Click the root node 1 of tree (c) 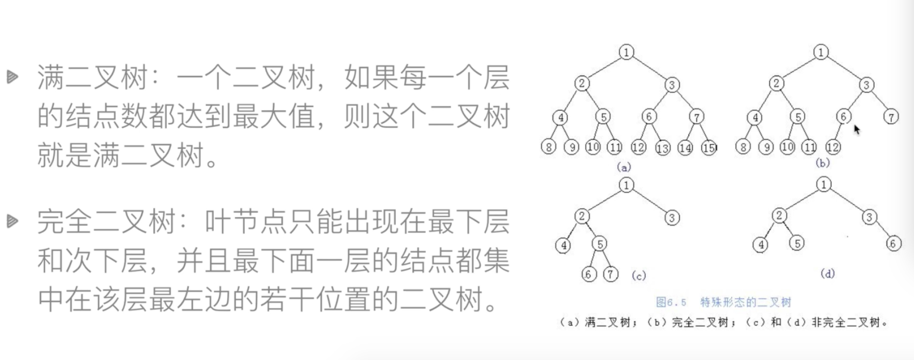coord(626,185)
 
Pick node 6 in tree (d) coord(893,244)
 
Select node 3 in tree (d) coord(869,217)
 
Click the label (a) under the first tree coord(624,167)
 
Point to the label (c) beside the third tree coord(639,276)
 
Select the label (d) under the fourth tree coord(827,274)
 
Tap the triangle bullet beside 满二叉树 coord(12,76)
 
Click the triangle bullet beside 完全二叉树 coord(12,221)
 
